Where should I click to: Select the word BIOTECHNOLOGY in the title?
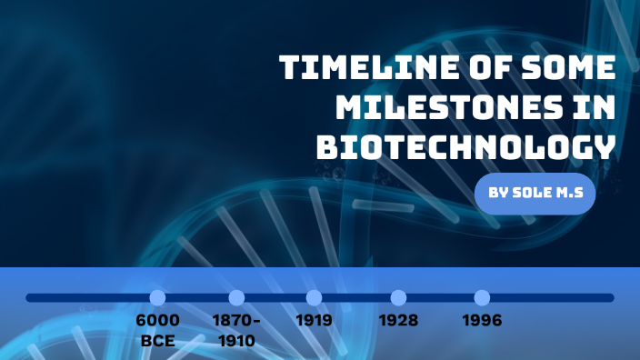click(465, 145)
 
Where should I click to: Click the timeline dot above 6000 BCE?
click(157, 297)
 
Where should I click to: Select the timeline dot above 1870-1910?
click(236, 297)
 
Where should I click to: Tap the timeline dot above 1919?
click(314, 297)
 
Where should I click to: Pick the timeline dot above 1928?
click(398, 297)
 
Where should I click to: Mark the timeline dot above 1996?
click(482, 297)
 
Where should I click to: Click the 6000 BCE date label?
click(157, 331)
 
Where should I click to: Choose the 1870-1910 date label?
click(236, 331)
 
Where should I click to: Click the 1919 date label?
click(314, 321)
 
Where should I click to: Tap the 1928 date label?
click(398, 321)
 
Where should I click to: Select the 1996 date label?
click(482, 321)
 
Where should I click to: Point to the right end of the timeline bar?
click(610, 297)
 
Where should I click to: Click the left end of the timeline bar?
click(30, 297)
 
